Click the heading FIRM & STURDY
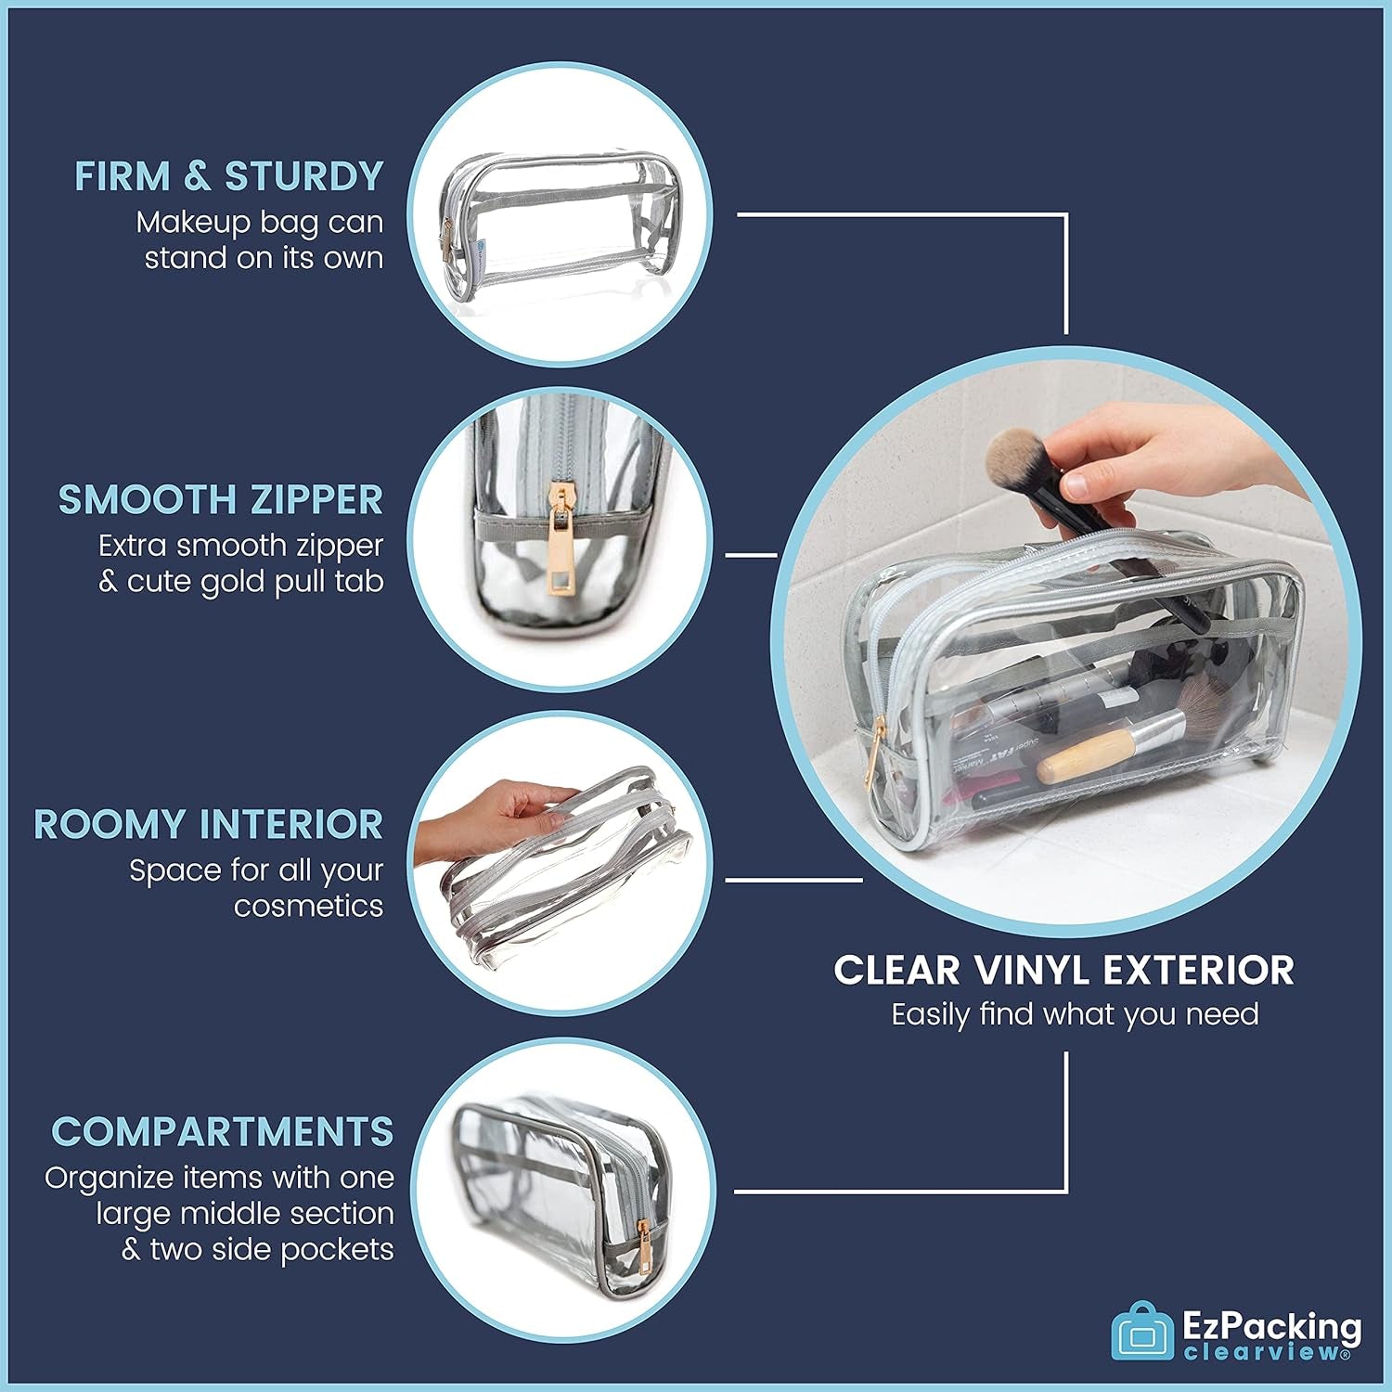(229, 176)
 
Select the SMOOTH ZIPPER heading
(221, 499)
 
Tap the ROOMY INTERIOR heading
(209, 824)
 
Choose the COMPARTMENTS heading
(223, 1131)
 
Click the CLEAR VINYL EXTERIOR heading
(1063, 970)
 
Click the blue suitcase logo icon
(1143, 1334)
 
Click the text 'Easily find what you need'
(1075, 1014)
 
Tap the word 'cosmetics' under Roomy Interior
(308, 906)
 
